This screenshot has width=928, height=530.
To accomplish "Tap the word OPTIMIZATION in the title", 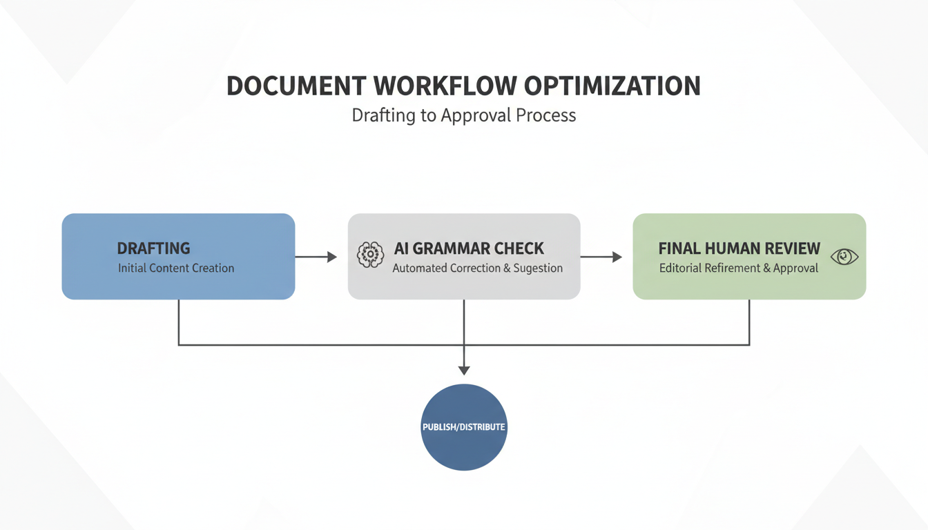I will (x=612, y=86).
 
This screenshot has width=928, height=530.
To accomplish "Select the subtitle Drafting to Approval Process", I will (x=463, y=115).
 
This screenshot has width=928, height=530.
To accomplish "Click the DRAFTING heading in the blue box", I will (x=153, y=248).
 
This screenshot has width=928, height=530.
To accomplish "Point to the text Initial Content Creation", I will (x=176, y=268).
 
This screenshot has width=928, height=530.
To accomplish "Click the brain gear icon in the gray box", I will (x=371, y=255).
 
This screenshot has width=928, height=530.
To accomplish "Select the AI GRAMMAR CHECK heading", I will (x=469, y=248).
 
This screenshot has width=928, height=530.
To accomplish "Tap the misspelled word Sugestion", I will (x=538, y=268).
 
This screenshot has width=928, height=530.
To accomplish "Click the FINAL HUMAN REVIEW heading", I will (x=739, y=248).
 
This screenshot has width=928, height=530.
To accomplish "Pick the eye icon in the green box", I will (x=844, y=257).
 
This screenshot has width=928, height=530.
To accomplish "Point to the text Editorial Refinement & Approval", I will (x=739, y=268).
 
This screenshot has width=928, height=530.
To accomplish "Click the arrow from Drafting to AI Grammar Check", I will (x=316, y=257).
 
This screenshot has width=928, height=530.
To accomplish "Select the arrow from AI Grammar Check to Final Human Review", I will (x=601, y=257).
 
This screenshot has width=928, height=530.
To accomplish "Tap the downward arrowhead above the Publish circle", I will (x=464, y=370).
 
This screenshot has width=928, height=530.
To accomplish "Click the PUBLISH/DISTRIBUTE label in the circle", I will (x=464, y=427).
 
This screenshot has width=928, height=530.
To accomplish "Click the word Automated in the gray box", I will (x=420, y=268).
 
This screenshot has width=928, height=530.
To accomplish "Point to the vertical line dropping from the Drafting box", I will (x=179, y=322).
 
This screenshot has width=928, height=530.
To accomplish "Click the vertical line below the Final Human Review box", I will (x=749, y=322).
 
